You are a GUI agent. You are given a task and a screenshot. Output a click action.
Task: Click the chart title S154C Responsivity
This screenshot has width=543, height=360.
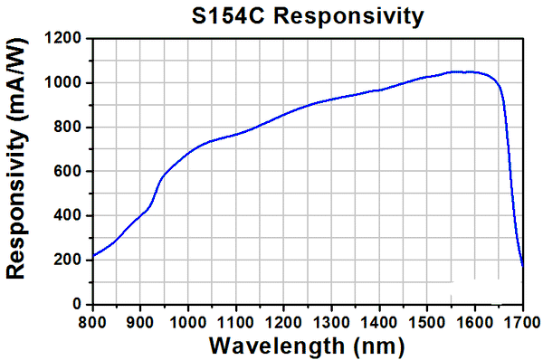click(307, 15)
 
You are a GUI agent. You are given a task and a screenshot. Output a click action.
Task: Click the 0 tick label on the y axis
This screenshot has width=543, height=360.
click(78, 305)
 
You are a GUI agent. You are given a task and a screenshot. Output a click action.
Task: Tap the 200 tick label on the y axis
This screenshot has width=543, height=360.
click(70, 261)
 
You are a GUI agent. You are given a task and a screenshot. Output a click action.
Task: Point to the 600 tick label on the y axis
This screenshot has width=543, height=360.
click(70, 172)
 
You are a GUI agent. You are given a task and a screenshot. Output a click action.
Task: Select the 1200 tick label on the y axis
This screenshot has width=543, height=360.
click(66, 39)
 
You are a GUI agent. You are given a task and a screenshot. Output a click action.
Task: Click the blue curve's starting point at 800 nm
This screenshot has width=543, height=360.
click(92, 256)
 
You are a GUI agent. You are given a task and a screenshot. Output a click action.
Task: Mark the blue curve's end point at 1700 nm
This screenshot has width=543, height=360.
click(523, 266)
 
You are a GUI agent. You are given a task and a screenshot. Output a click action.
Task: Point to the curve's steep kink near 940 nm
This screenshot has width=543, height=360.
click(159, 181)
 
